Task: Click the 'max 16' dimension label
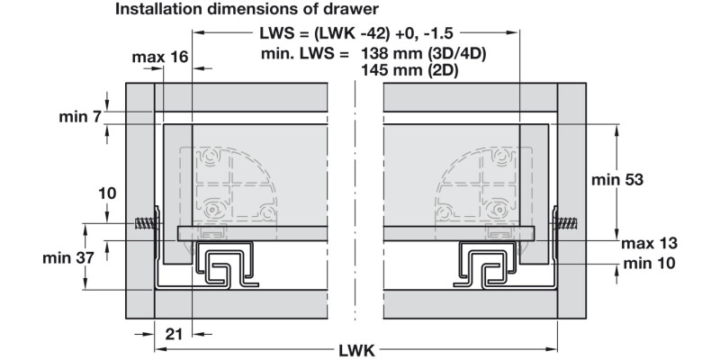159,57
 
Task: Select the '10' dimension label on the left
108,193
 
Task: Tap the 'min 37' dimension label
69,258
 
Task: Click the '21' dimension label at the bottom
175,333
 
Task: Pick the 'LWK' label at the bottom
357,349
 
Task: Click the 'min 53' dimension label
616,179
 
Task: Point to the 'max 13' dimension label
648,243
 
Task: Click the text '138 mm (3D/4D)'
423,54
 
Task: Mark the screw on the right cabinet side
568,223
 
